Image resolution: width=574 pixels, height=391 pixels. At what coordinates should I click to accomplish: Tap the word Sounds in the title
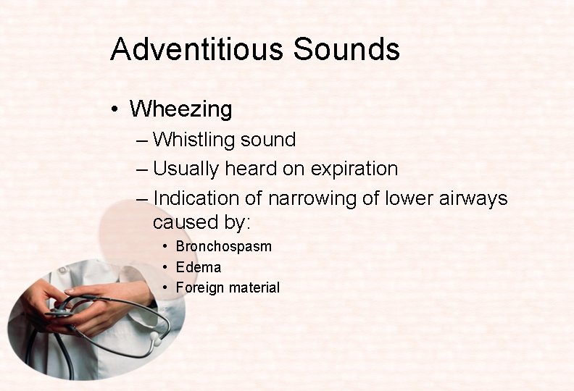[x=346, y=49]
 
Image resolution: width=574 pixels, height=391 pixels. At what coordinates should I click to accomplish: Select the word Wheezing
[x=180, y=109]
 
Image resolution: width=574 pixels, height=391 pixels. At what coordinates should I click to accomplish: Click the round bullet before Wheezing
[x=115, y=110]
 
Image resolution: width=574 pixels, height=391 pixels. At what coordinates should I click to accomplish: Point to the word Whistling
[x=195, y=140]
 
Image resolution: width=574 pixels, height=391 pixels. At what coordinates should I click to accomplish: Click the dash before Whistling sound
[x=141, y=140]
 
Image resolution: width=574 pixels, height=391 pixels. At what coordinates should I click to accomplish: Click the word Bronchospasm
[x=223, y=246]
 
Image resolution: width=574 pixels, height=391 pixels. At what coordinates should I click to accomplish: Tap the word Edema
[x=198, y=267]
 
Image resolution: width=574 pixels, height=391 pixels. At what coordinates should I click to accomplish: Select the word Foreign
[x=200, y=287]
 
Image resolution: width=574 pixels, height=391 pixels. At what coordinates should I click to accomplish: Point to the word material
[x=254, y=287]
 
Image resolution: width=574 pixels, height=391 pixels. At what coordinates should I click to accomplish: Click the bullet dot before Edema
[x=166, y=267]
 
